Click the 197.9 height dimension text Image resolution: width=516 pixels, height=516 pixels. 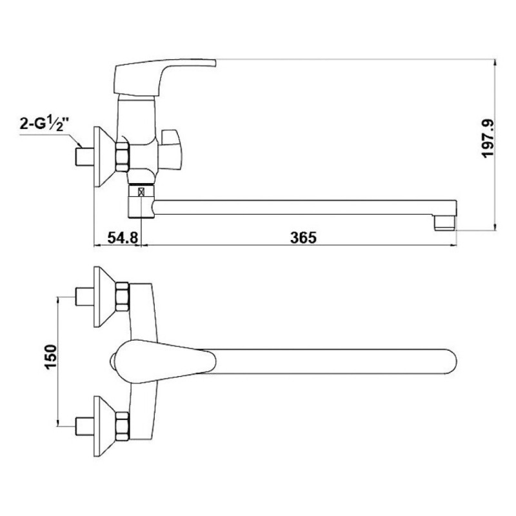(x=488, y=139)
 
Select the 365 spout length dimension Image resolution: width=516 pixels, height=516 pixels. (x=303, y=237)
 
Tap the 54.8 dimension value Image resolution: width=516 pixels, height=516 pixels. (x=123, y=237)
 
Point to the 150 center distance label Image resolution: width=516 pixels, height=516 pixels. (x=51, y=357)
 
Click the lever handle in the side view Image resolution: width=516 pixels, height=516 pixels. (x=164, y=77)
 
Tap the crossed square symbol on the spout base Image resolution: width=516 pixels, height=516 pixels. (x=142, y=192)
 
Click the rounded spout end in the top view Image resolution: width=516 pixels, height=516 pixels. (x=449, y=361)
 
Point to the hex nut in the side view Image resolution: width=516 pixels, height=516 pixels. (x=123, y=157)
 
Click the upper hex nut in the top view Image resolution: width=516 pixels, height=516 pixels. (x=123, y=297)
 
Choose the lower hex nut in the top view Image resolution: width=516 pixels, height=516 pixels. (x=123, y=426)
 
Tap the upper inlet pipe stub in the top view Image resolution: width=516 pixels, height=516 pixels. (x=85, y=297)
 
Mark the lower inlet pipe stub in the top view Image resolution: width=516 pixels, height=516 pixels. (x=85, y=426)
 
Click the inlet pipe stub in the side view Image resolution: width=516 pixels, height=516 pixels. (x=85, y=157)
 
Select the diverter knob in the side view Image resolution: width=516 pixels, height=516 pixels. (x=170, y=150)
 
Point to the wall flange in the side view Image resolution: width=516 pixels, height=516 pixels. (x=104, y=157)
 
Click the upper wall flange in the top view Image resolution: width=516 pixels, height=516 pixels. (x=104, y=297)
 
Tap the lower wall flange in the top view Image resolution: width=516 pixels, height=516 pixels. (x=104, y=426)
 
